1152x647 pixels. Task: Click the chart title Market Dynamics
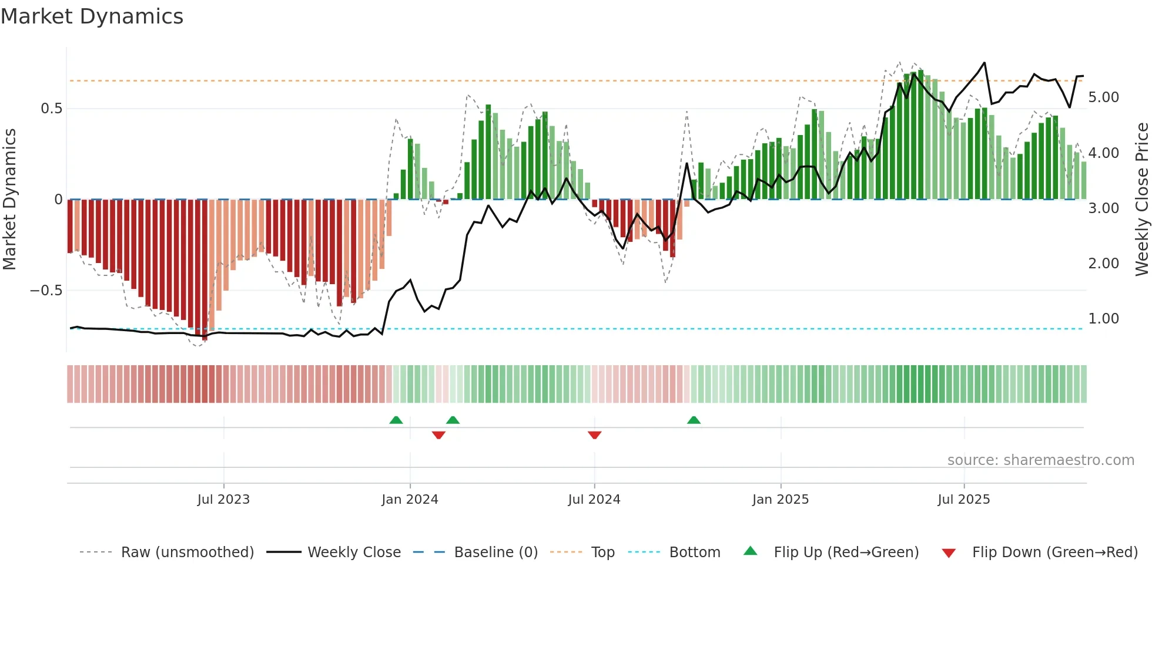pyautogui.click(x=92, y=16)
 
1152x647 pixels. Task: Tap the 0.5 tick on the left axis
pyautogui.click(x=51, y=109)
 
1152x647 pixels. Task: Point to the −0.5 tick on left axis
pyautogui.click(x=46, y=291)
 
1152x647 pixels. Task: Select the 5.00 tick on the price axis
pyautogui.click(x=1103, y=97)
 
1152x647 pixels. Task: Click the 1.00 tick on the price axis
pyautogui.click(x=1103, y=319)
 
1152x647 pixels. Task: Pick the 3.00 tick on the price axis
pyautogui.click(x=1103, y=208)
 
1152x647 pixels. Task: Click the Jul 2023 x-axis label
pyautogui.click(x=223, y=500)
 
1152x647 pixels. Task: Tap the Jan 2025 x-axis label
pyautogui.click(x=780, y=500)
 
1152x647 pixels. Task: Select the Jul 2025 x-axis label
pyautogui.click(x=963, y=500)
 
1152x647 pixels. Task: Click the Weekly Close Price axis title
pyautogui.click(x=1141, y=200)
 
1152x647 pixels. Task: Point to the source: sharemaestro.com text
pyautogui.click(x=1040, y=460)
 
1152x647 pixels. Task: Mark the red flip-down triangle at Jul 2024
pyautogui.click(x=594, y=435)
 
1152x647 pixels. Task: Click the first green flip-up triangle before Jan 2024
pyautogui.click(x=396, y=420)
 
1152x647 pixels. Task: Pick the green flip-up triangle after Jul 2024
pyautogui.click(x=694, y=420)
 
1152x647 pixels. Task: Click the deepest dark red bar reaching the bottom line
pyautogui.click(x=205, y=270)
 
